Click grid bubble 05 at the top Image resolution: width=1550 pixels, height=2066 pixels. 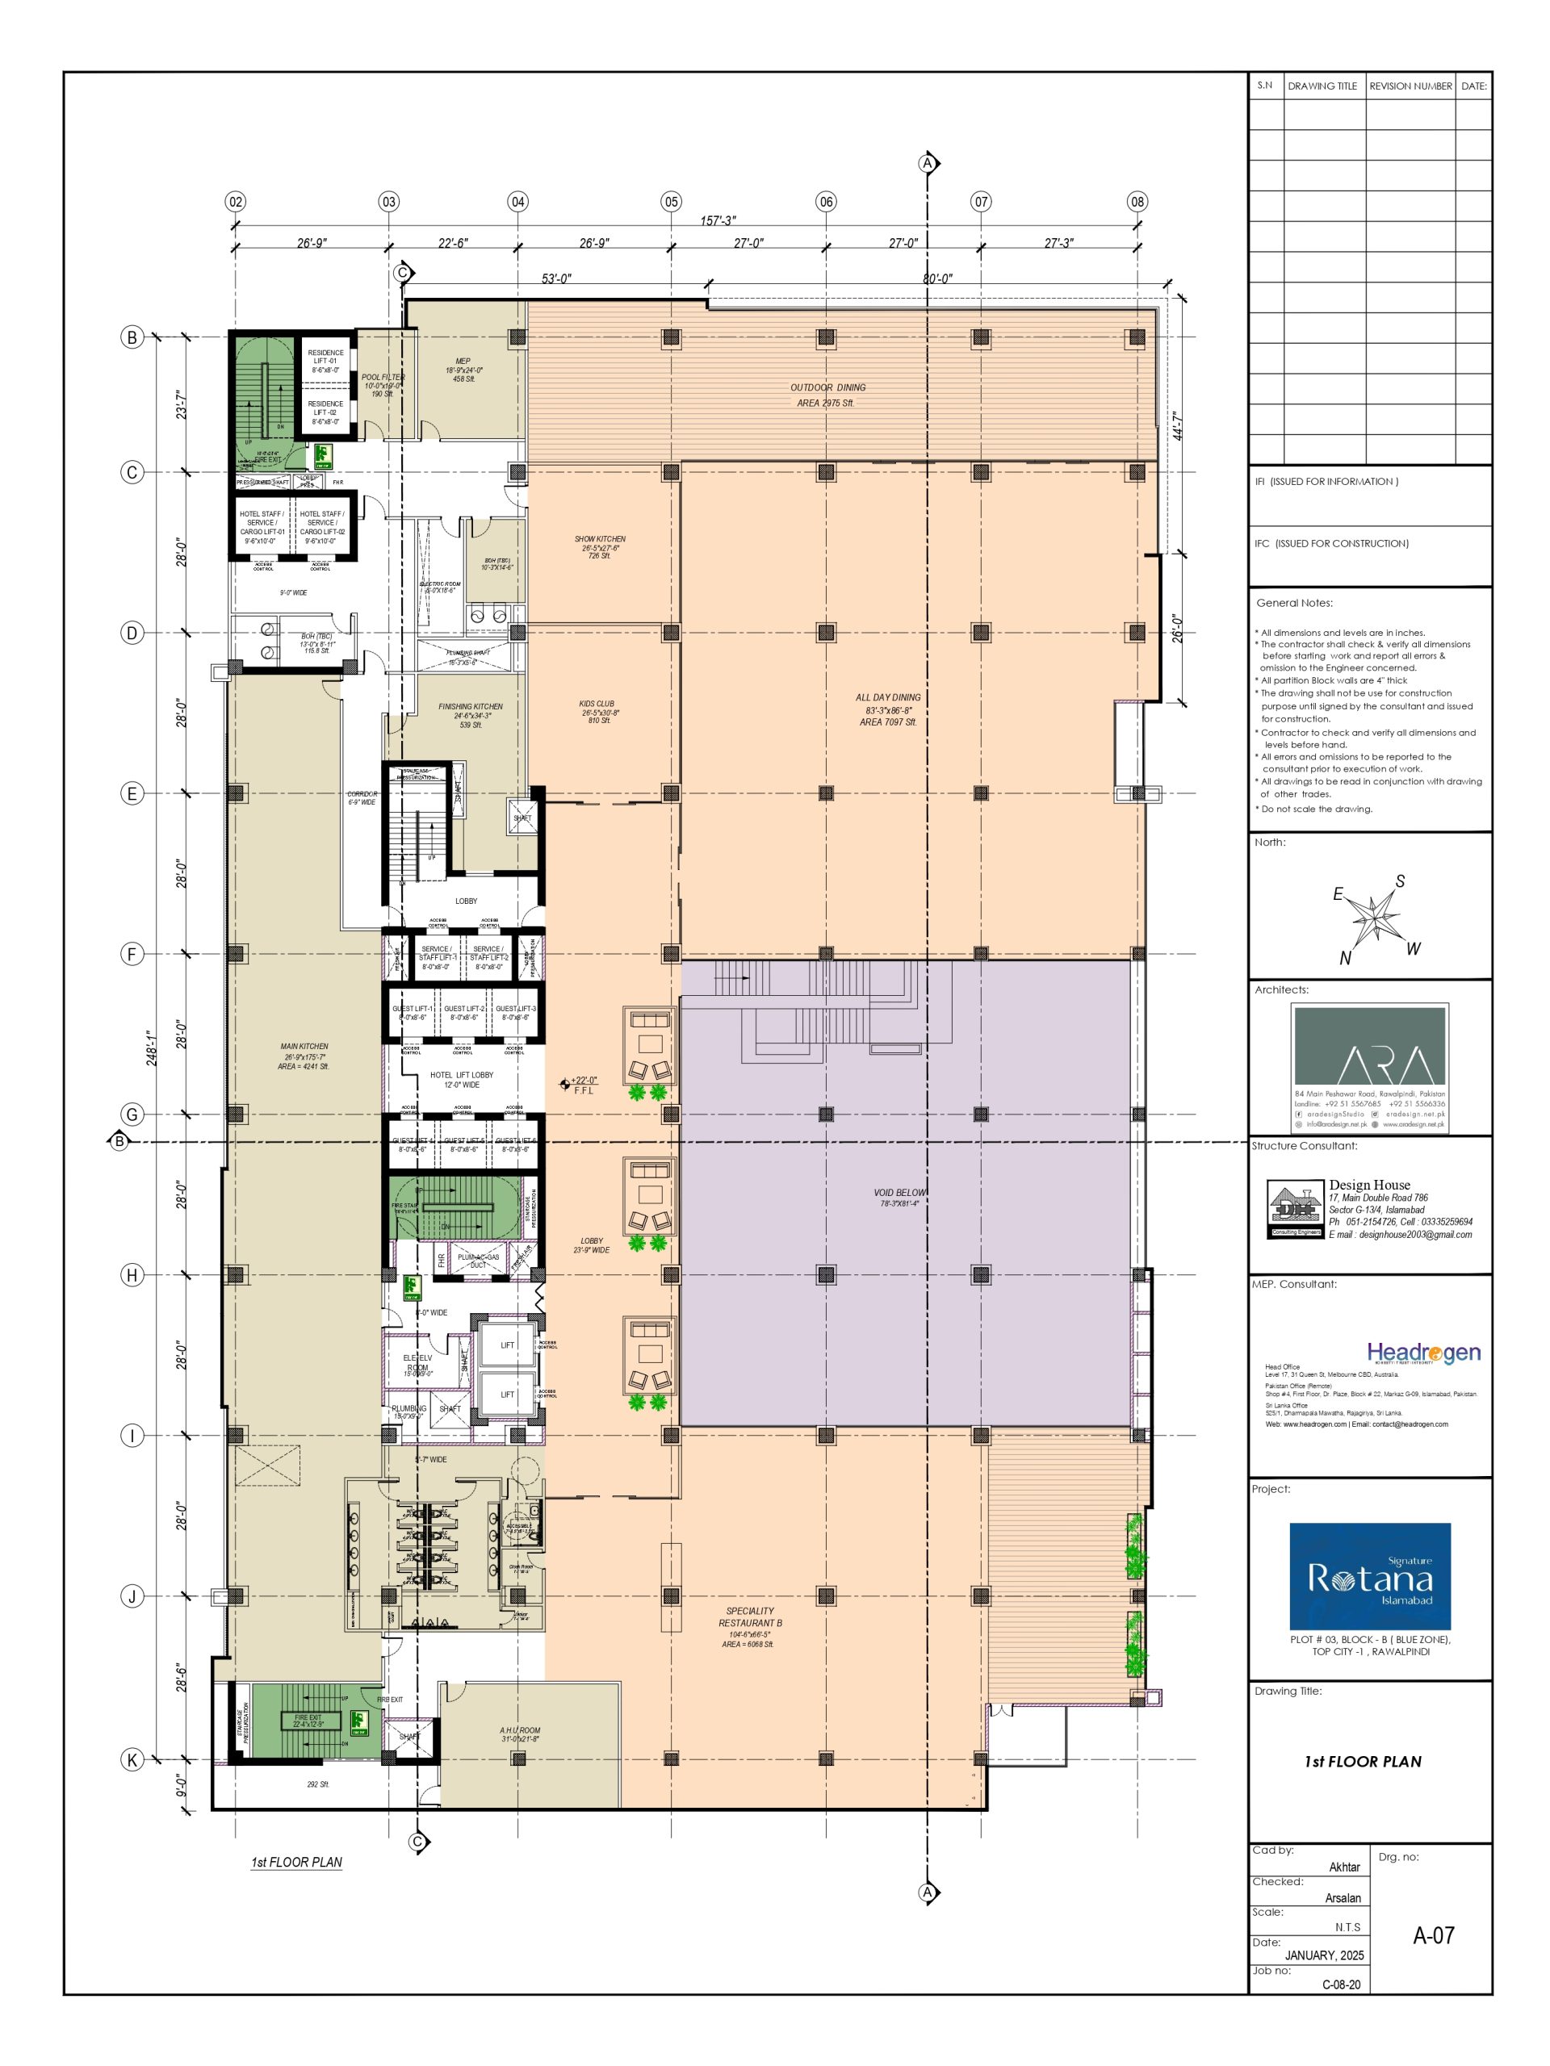pyautogui.click(x=671, y=202)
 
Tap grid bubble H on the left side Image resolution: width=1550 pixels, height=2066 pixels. pyautogui.click(x=132, y=1275)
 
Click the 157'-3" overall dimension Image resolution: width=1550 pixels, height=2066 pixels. pyautogui.click(x=718, y=220)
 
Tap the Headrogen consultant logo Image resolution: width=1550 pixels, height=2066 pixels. pyautogui.click(x=1423, y=1353)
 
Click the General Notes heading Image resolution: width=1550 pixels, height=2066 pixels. pyautogui.click(x=1294, y=604)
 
